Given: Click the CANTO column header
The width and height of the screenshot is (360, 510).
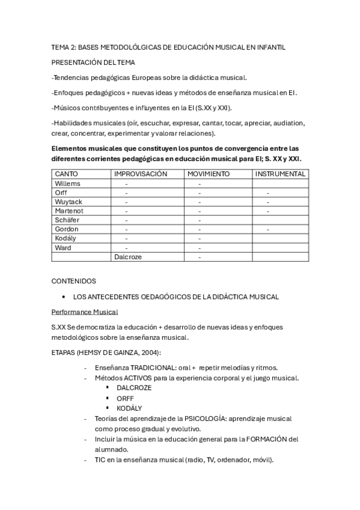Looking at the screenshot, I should (66, 174).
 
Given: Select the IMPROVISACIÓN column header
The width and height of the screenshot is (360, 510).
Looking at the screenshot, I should (141, 174).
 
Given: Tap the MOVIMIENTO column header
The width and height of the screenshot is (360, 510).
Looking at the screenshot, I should (208, 174).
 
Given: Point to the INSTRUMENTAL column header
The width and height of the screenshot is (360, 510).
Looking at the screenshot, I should (281, 174).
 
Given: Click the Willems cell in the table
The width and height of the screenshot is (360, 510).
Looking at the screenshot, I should (67, 183).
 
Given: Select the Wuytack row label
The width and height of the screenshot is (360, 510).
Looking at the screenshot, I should (69, 202).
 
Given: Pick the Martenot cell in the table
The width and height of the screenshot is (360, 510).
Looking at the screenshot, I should (69, 211).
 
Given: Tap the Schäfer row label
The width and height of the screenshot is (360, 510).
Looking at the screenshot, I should (67, 220).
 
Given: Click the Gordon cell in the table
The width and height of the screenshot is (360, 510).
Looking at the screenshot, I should (66, 229).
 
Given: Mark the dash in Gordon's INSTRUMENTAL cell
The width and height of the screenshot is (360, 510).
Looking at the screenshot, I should (268, 229).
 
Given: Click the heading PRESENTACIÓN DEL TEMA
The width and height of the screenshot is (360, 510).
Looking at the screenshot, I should (93, 62).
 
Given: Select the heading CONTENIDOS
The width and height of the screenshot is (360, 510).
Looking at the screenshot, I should (74, 281).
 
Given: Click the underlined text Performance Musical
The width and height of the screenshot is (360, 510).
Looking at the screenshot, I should (85, 312).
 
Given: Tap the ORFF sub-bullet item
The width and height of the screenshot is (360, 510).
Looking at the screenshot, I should (125, 398).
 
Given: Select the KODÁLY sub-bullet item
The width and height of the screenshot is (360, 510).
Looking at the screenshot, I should (129, 408).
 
